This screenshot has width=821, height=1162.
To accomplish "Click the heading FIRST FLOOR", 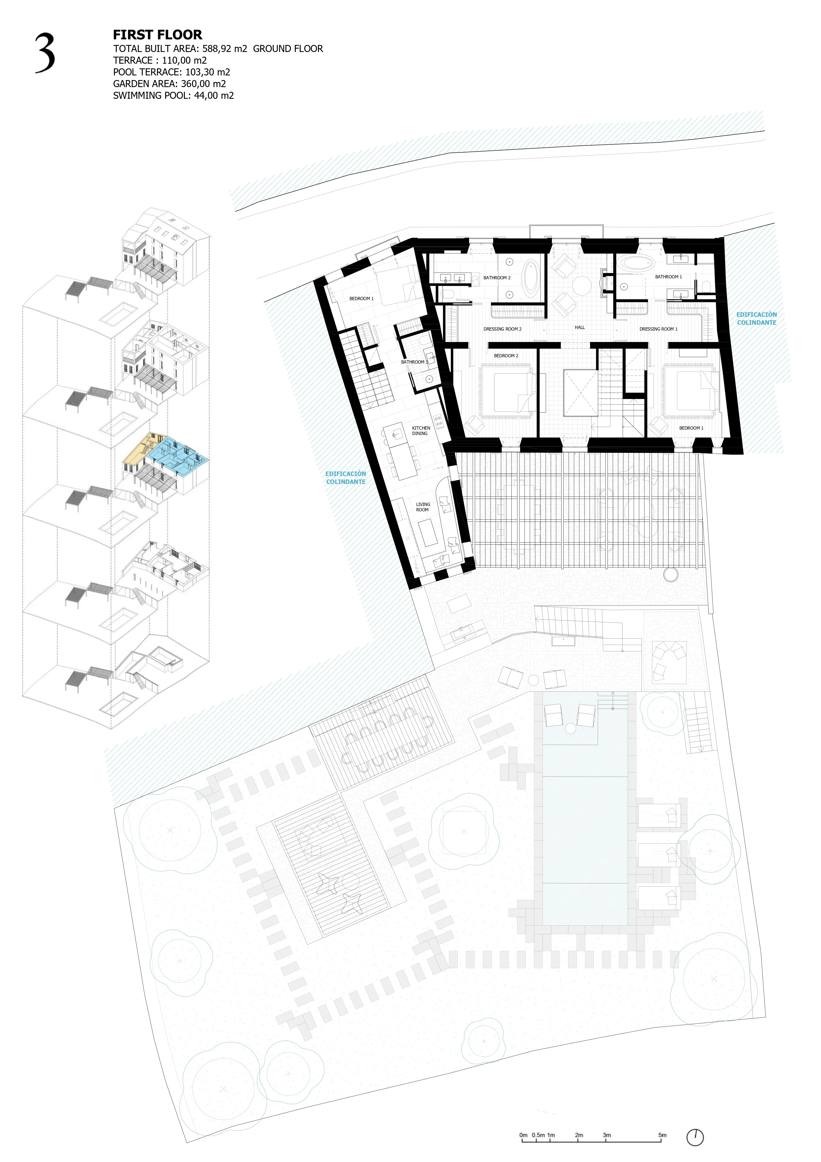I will coord(157,35).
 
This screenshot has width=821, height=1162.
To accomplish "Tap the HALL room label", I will coord(580,328).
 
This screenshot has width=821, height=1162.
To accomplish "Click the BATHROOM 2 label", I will coord(497,278).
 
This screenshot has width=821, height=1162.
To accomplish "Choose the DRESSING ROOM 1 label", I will coord(658,329).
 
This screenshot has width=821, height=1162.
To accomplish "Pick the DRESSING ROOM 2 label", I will coord(502,329).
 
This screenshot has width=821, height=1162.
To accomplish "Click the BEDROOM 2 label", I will coord(506,356).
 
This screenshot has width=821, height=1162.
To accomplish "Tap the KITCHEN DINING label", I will coord(421,431).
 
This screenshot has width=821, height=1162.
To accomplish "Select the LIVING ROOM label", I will coord(423,507).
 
